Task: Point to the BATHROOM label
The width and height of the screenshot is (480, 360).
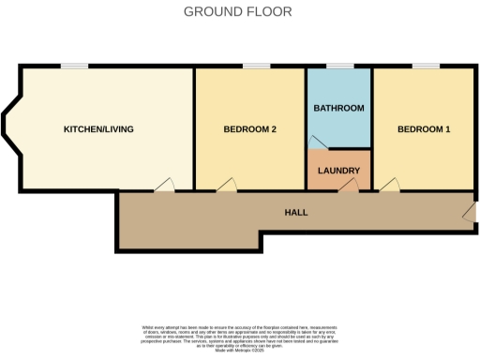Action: [x=338, y=109]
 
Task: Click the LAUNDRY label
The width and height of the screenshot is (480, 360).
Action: [x=338, y=171]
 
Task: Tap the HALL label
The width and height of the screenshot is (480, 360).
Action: [x=296, y=212]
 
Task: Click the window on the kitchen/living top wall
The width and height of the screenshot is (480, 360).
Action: [x=75, y=67]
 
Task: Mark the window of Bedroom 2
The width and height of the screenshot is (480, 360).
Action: [x=256, y=67]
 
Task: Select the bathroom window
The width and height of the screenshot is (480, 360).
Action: [x=339, y=67]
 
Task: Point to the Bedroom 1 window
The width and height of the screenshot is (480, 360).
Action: [x=426, y=67]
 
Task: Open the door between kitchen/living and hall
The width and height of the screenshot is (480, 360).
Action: [x=164, y=187]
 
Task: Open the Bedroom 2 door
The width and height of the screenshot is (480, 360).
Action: [x=227, y=187]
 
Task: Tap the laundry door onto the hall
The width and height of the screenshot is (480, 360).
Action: [x=348, y=187]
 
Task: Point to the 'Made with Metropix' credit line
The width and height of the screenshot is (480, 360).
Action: [x=240, y=349]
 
